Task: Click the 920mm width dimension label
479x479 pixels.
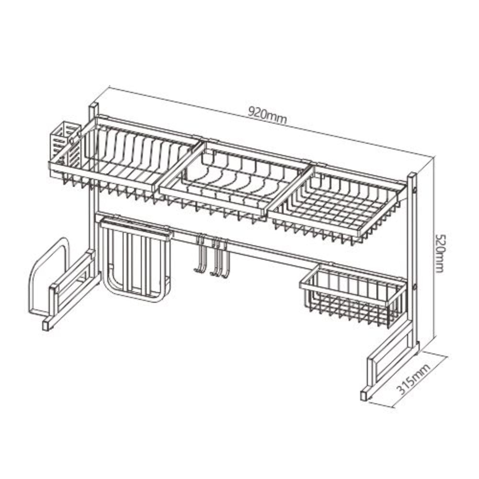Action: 268,115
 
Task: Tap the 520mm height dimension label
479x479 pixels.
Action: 440,253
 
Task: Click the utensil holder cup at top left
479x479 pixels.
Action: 66,143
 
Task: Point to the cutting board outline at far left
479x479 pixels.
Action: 49,276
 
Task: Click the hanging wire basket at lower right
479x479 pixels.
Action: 354,293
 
